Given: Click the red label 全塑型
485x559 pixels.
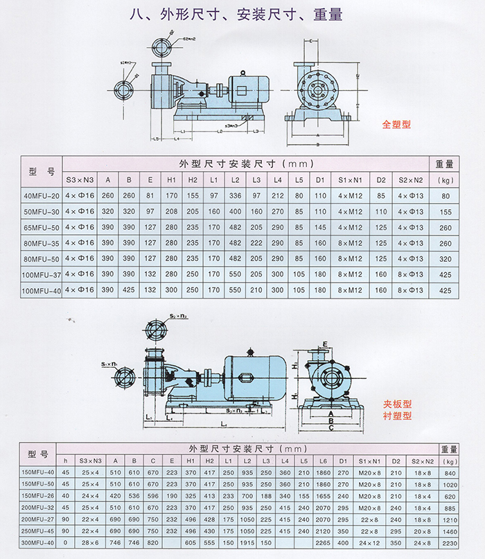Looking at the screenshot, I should click(x=397, y=125).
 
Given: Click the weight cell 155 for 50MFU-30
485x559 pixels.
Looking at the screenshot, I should click(x=445, y=212).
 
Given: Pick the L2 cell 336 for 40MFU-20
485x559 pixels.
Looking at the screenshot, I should click(x=236, y=196).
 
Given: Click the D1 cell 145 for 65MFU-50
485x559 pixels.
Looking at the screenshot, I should click(x=320, y=228).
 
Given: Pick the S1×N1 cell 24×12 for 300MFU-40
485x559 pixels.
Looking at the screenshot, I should click(x=369, y=544).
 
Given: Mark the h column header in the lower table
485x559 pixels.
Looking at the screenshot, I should click(x=67, y=461).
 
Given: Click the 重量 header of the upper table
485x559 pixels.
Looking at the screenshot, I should click(x=445, y=165).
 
